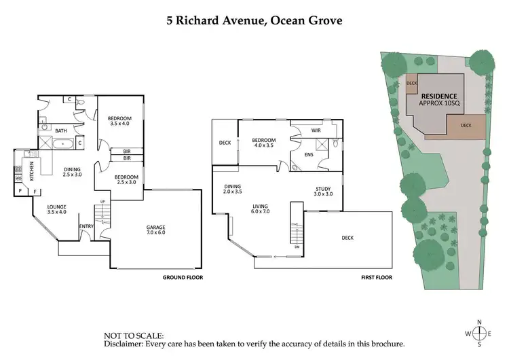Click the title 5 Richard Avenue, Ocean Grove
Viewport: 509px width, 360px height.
click(x=254, y=20)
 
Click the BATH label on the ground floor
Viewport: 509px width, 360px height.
click(x=60, y=131)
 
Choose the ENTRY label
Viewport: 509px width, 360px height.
click(x=86, y=226)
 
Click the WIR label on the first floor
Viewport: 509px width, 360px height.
click(x=316, y=130)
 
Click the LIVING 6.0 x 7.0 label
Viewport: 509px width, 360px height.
click(x=261, y=209)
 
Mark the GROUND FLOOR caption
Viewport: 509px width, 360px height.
click(x=183, y=278)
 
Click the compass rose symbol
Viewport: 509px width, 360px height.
click(x=480, y=333)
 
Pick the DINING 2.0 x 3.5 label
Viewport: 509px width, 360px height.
click(x=233, y=189)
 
